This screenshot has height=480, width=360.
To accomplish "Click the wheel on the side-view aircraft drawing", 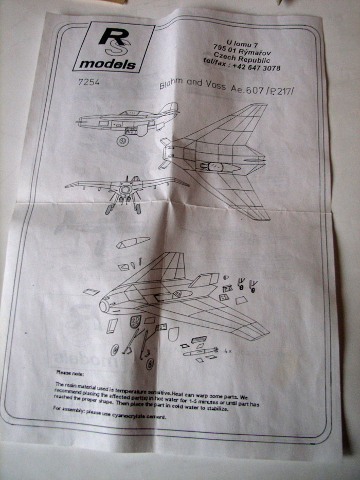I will [122, 140].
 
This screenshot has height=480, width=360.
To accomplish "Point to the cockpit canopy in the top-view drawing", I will [211, 166].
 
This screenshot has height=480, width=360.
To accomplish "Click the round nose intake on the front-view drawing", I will [124, 190].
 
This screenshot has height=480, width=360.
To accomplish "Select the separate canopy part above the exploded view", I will [132, 242].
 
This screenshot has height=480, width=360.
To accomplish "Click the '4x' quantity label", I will [227, 350].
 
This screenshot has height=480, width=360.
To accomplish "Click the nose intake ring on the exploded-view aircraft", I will [104, 306].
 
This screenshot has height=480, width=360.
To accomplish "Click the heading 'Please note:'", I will [71, 371].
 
